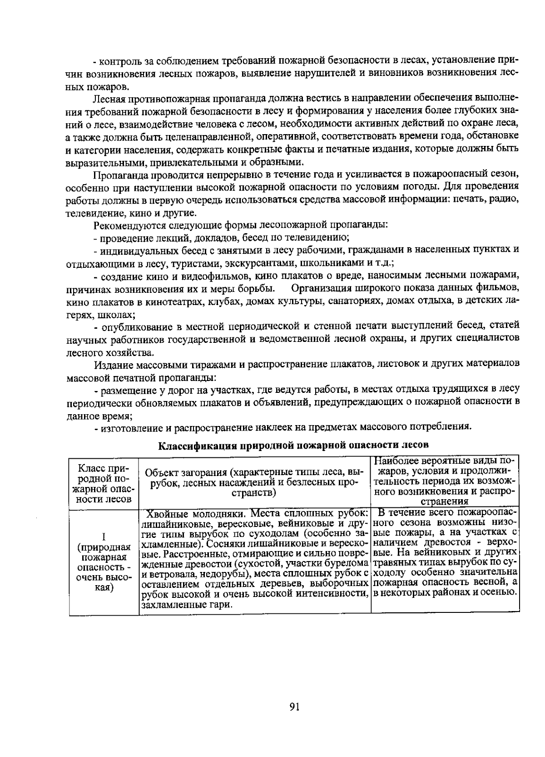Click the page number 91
294,706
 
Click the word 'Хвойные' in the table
167,515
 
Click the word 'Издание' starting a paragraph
110,364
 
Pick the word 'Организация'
319,289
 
